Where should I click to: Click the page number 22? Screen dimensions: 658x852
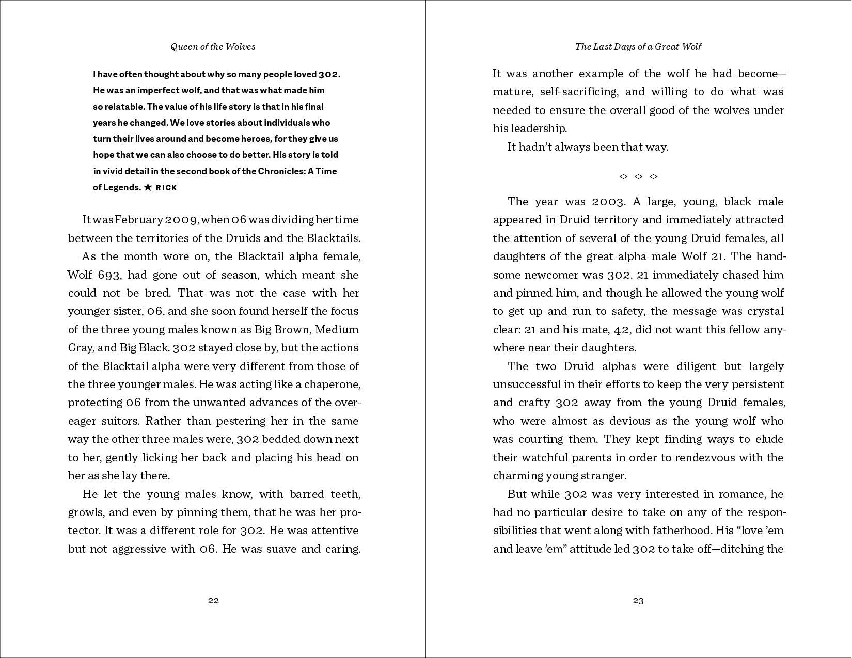point(213,600)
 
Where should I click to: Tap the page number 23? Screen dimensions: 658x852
point(638,600)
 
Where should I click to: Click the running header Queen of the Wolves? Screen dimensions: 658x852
point(213,46)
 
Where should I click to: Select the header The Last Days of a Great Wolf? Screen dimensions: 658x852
point(638,46)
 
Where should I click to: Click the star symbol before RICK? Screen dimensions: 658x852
point(148,187)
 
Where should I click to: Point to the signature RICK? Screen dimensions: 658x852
point(166,188)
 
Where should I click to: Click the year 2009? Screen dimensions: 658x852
point(181,220)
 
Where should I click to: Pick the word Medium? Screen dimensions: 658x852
point(337,330)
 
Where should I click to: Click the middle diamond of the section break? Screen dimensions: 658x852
point(638,176)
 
